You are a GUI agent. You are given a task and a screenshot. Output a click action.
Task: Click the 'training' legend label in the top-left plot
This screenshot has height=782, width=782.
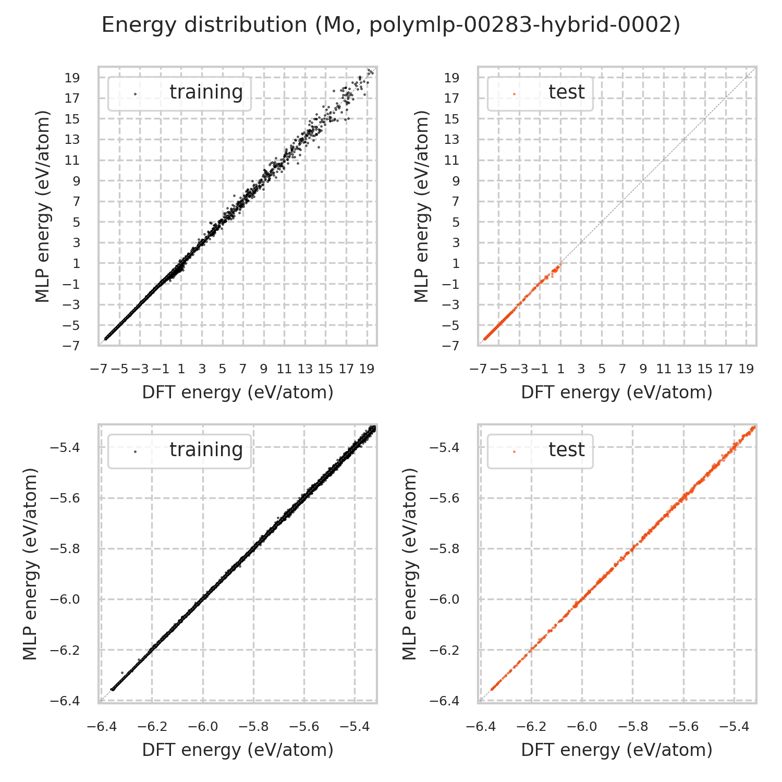point(206,92)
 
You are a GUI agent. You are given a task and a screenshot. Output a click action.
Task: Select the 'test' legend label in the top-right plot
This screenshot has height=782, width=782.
point(567,92)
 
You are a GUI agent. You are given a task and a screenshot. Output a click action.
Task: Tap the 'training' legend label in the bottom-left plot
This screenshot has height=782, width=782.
point(206,450)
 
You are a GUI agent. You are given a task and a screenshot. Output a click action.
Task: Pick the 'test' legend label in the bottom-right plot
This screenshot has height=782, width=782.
point(567,450)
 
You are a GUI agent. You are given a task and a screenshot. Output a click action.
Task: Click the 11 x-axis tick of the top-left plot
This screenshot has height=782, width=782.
point(284,369)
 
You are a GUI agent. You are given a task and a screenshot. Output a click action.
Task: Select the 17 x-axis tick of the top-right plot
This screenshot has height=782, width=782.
point(725,369)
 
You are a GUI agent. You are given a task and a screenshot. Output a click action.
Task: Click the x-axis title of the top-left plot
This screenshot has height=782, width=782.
point(238,393)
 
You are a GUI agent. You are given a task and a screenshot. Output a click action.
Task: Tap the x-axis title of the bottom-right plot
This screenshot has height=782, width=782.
point(617,750)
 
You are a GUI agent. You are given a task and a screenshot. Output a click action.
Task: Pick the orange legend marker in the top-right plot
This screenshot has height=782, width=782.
point(514,94)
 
